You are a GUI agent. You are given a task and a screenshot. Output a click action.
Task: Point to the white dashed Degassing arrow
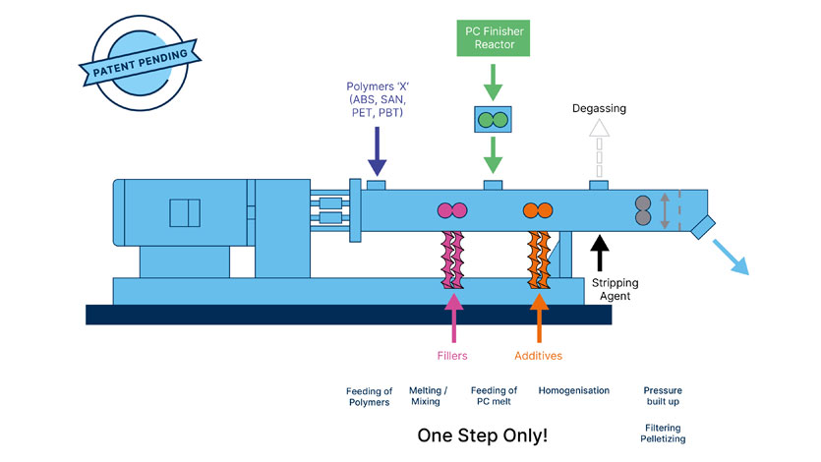click(597, 148)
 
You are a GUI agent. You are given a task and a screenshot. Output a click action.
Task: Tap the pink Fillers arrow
click(453, 316)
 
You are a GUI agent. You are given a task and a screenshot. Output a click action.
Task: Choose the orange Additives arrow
click(538, 316)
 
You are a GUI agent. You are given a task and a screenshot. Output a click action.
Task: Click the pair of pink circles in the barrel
click(452, 209)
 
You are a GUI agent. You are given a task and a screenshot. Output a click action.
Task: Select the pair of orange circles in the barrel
click(537, 209)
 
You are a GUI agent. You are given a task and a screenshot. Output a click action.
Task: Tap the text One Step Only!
click(482, 434)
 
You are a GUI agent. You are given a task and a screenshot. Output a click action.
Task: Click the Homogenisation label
click(573, 390)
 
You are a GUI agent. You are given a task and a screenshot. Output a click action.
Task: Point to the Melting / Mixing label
click(426, 396)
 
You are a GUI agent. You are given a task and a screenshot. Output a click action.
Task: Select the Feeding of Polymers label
click(370, 397)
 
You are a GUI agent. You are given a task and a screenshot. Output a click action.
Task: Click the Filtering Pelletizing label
click(665, 433)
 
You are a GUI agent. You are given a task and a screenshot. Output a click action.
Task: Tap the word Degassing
click(599, 109)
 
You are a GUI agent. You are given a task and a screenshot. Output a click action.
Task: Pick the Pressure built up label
click(661, 396)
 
